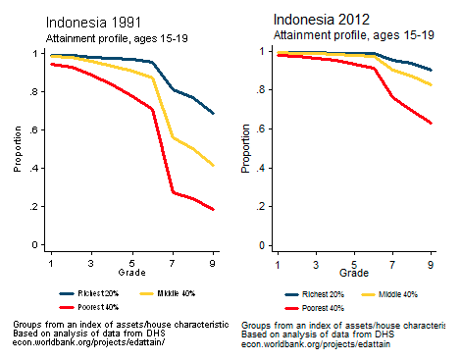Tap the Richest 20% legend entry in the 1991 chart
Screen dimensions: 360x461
[x=98, y=292]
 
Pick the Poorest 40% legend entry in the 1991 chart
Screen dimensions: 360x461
[x=99, y=307]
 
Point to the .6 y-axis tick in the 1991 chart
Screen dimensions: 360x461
[x=34, y=129]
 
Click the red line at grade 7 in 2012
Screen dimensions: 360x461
[x=391, y=96]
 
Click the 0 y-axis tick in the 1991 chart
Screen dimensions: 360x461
[x=36, y=244]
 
